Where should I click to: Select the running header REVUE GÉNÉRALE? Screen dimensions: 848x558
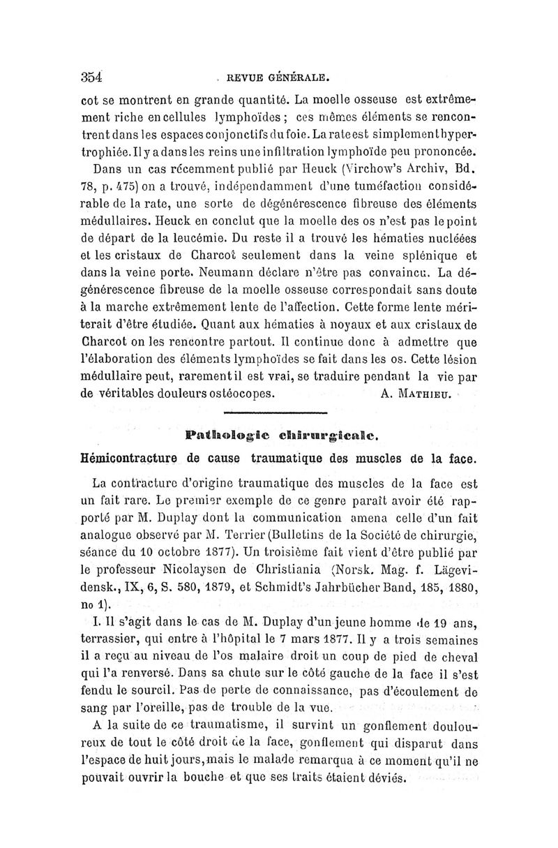coord(280,77)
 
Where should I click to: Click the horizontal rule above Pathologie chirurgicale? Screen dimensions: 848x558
coord(282,413)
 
